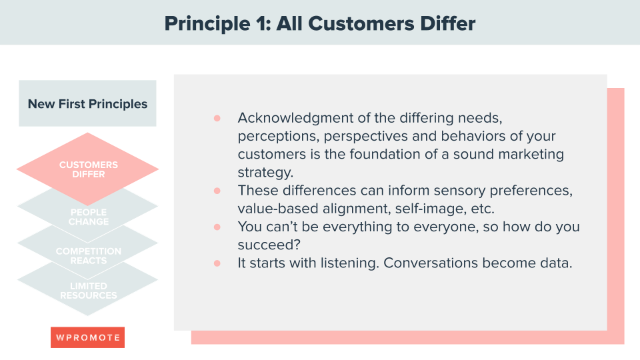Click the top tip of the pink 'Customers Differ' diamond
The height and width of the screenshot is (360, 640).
87,133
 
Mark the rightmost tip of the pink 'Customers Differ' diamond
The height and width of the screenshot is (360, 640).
159,169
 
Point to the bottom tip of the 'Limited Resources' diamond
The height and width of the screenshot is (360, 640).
87,316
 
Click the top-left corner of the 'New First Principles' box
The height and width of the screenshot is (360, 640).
19,81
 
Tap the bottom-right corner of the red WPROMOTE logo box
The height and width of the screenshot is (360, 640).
125,348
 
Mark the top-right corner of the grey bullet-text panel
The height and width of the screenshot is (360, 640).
607,75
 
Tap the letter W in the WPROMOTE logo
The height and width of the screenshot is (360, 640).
60,337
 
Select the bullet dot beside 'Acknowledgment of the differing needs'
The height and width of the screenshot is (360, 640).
217,119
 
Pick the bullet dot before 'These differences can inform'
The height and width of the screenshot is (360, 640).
217,191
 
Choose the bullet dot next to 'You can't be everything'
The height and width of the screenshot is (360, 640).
217,227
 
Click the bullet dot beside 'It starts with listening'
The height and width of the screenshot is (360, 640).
217,263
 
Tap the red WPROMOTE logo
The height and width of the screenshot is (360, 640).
88,337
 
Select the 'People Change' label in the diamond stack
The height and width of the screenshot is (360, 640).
89,217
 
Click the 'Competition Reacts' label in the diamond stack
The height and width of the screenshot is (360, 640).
89,256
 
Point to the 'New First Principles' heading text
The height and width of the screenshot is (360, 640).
88,104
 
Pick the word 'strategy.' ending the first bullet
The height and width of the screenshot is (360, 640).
266,173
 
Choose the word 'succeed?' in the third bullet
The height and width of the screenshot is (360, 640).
269,245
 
